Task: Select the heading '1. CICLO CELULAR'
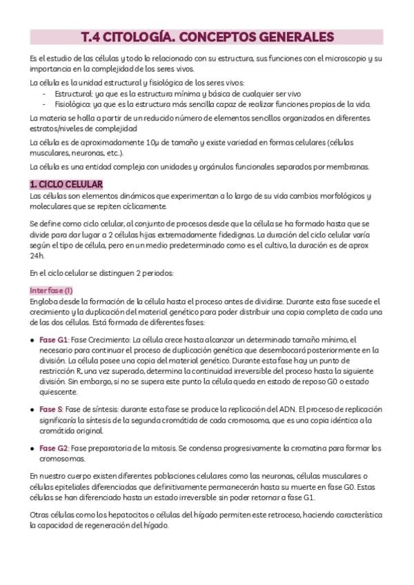click(66, 184)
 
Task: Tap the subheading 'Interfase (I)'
click(51, 290)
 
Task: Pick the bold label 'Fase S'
click(51, 409)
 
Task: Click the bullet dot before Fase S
click(33, 410)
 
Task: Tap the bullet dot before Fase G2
click(33, 448)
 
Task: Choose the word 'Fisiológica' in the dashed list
click(74, 104)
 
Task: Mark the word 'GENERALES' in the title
click(297, 37)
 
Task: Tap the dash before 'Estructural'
click(45, 94)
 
